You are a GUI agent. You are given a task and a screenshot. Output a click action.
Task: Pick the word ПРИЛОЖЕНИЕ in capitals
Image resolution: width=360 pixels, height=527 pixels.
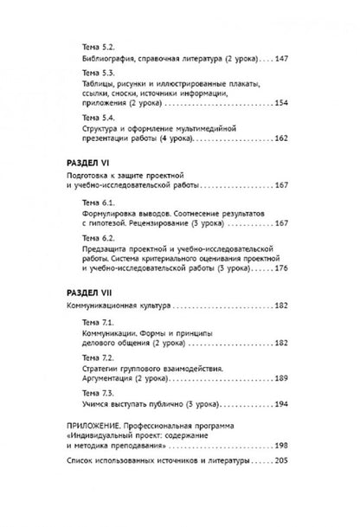click(x=96, y=424)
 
